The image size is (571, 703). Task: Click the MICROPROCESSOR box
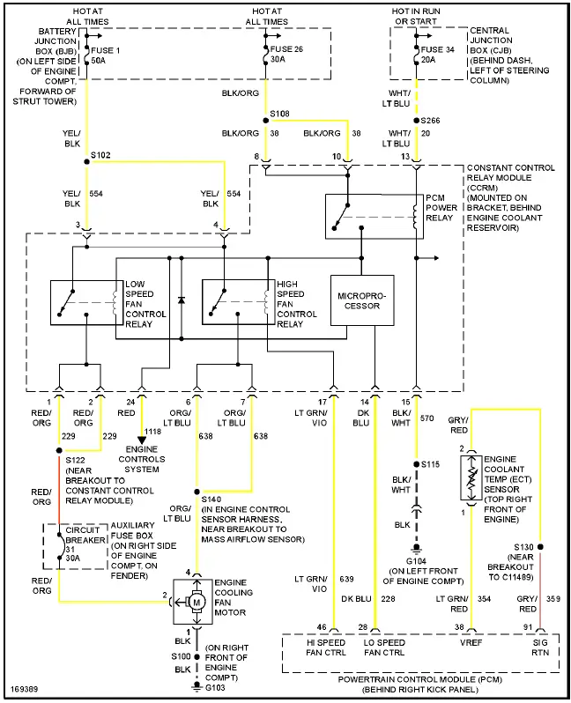(x=361, y=300)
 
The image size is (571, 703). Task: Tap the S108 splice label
(x=279, y=115)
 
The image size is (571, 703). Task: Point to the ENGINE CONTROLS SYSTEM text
(x=142, y=458)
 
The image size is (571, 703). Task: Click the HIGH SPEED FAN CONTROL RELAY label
(x=296, y=304)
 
